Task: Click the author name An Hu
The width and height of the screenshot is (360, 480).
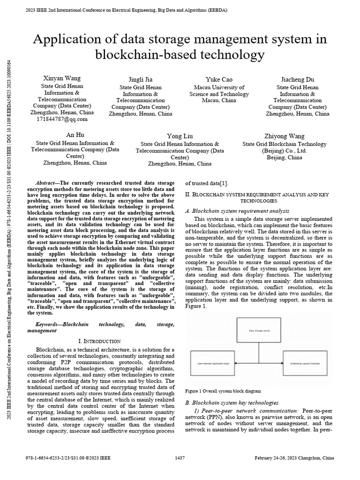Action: (x=75, y=134)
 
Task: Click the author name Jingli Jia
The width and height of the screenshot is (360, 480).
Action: (x=141, y=79)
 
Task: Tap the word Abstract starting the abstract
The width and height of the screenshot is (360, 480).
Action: (x=46, y=182)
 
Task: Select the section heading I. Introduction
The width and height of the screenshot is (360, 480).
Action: (x=99, y=341)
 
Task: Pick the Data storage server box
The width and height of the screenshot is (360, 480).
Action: (x=259, y=330)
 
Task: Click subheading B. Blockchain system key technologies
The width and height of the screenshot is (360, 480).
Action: (x=232, y=403)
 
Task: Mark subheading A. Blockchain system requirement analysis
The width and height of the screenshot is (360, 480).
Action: (x=237, y=211)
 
